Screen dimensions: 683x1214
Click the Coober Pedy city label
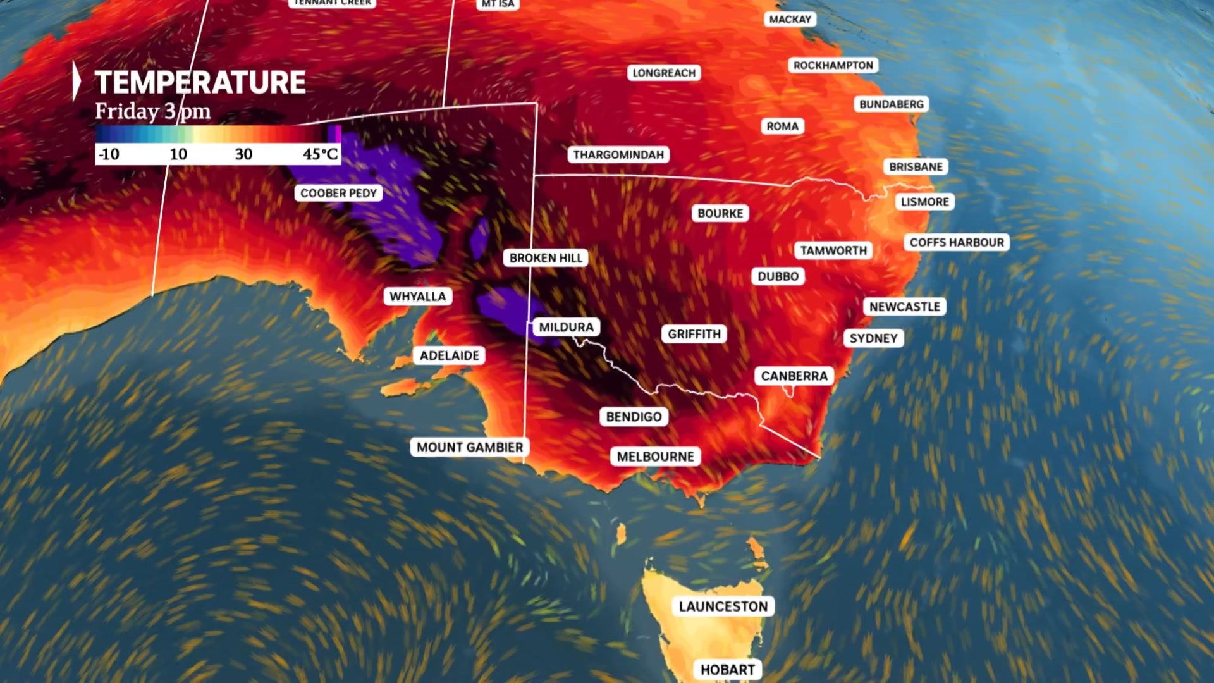tap(338, 193)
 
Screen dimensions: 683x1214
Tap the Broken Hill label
tap(546, 258)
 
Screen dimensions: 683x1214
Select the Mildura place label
tap(566, 327)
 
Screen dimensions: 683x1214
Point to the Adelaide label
tap(450, 355)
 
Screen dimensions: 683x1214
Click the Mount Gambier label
tap(470, 447)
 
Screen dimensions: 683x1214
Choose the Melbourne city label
tap(655, 457)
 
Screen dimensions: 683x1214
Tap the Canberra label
tap(794, 376)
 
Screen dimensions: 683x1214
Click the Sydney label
tap(873, 338)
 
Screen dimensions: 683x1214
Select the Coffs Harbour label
tap(956, 242)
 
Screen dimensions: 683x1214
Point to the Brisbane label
tap(916, 167)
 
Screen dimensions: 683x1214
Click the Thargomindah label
tap(618, 155)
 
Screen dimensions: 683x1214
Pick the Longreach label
tap(664, 73)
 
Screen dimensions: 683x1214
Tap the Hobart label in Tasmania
tap(727, 670)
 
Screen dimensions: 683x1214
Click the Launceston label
tap(723, 606)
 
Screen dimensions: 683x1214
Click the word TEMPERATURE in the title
tap(200, 83)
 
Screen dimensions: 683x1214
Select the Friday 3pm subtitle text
tap(152, 111)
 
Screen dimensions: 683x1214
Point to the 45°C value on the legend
tap(320, 154)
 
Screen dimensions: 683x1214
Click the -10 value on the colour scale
tap(109, 154)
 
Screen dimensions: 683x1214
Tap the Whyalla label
tap(417, 297)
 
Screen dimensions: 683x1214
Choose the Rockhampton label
tap(833, 65)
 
